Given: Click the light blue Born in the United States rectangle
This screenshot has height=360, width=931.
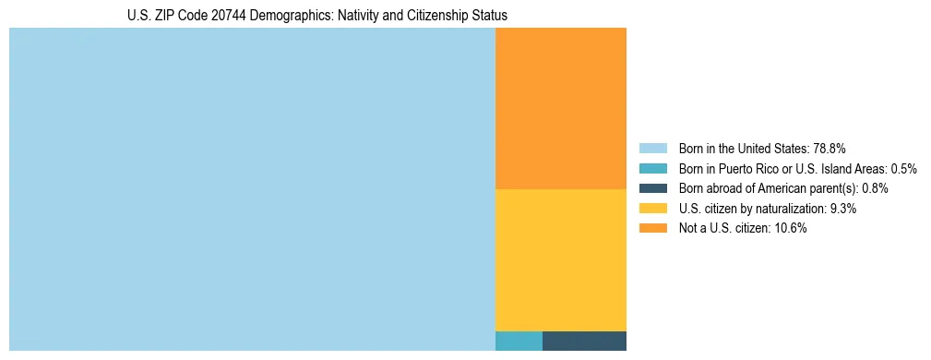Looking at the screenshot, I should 252,189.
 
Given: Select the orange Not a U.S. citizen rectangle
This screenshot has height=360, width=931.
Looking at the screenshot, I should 561,108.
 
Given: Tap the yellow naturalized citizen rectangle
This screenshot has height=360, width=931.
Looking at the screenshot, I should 561,259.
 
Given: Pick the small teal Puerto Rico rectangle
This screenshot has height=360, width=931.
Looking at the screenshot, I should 519,341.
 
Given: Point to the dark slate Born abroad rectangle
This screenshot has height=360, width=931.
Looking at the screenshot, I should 584,341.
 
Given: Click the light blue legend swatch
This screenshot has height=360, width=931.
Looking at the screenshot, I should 652,149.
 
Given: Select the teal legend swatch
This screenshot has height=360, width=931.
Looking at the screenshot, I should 652,169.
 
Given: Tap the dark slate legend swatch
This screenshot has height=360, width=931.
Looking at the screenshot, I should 652,188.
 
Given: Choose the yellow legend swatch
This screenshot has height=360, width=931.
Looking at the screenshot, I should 652,209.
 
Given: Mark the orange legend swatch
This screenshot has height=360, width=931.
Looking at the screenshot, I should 652,229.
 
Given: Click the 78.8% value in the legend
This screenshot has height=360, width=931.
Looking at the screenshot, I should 830,149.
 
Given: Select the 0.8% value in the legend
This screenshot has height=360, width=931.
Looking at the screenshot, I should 875,188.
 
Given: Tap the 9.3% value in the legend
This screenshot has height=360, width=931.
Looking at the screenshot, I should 843,209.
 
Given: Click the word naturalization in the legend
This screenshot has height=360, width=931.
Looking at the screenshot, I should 793,209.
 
